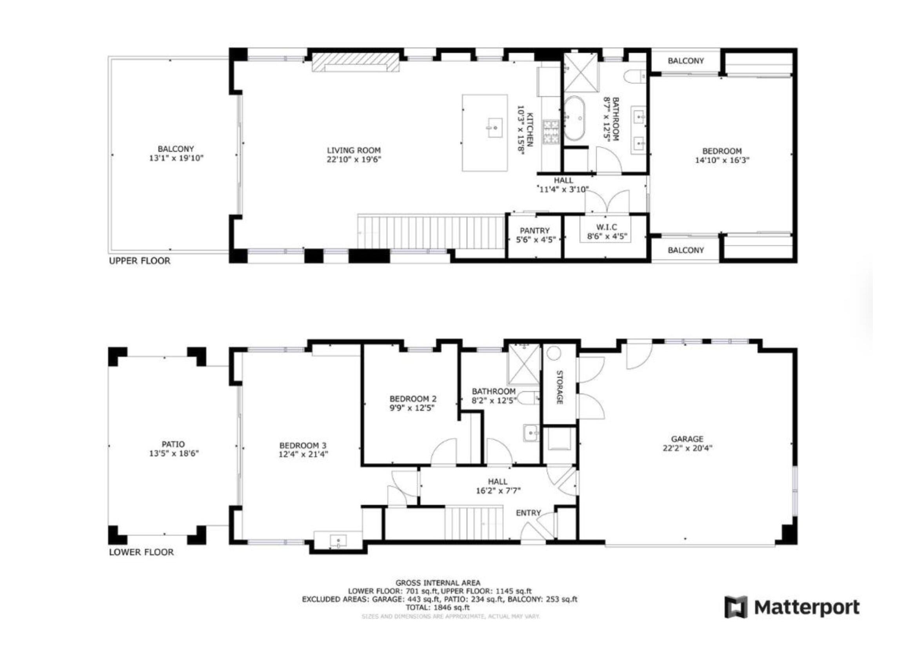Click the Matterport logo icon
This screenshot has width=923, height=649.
736,607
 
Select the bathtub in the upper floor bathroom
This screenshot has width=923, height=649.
575,118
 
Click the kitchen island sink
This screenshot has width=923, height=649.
495,128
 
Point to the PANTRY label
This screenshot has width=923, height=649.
534,231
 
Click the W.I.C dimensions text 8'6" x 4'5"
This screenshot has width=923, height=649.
607,237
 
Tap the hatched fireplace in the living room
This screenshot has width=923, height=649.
356,62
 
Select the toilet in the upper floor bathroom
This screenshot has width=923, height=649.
635,76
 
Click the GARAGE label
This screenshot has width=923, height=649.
687,439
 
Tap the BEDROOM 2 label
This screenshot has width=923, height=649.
412,399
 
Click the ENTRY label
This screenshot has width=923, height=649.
528,513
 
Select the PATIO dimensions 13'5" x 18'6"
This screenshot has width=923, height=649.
174,454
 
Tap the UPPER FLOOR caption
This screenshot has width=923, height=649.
140,261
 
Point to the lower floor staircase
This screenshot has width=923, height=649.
474,523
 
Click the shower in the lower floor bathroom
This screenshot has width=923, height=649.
524,364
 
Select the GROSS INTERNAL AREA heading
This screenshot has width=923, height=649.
438,583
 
